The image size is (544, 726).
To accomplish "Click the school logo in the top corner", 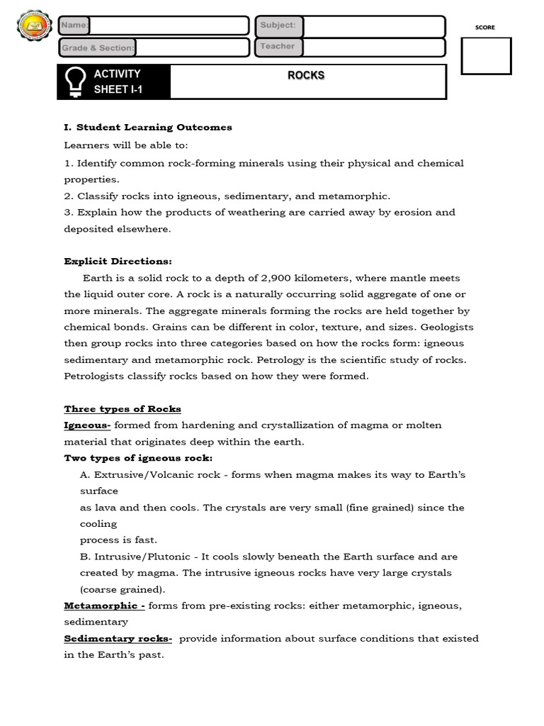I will tap(34, 28).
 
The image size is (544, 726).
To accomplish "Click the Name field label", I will tap(74, 26).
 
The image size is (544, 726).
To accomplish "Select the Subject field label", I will tap(278, 26).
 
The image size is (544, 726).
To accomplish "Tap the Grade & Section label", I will tap(98, 48).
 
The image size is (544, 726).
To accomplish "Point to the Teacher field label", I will tap(277, 47).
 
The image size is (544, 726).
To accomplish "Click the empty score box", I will tap(486, 56).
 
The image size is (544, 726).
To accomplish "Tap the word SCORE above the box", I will tap(485, 28).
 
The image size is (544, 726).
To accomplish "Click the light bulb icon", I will tap(75, 82).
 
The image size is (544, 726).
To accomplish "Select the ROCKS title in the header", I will tap(306, 75).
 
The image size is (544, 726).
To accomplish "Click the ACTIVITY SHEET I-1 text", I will tap(118, 82).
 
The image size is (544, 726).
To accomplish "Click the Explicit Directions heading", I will tap(118, 261).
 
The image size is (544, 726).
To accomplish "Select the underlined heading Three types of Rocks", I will tap(123, 409).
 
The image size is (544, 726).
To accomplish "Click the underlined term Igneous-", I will tap(87, 425).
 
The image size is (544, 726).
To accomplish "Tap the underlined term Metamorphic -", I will tap(104, 606).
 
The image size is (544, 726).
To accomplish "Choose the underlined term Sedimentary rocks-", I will tap(118, 639).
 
